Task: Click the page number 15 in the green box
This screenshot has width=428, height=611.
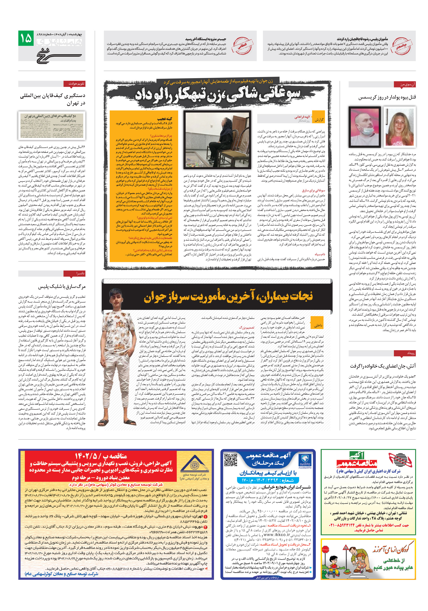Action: [26, 38]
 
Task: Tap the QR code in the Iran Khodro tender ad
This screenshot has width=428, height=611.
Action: [230, 460]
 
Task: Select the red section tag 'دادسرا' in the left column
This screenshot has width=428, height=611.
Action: [78, 274]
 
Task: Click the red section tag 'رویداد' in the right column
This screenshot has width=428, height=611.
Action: [405, 353]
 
